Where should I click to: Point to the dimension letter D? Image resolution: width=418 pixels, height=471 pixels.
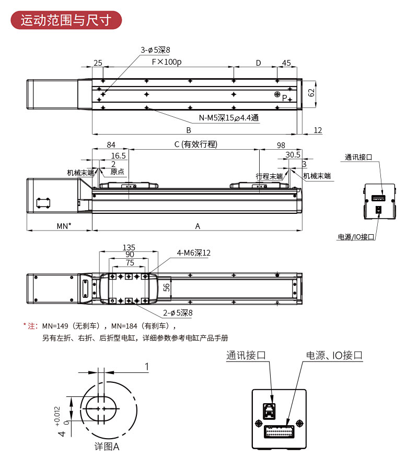tap(258, 63)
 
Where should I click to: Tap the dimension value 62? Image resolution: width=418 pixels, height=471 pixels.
tap(311, 93)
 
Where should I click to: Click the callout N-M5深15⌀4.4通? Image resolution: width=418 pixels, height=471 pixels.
tap(228, 118)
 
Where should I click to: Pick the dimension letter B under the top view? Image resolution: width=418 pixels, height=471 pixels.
tap(189, 130)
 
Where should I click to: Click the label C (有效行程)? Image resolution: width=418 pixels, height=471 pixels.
tap(195, 144)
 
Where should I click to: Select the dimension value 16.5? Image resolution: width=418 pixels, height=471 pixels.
tap(119, 155)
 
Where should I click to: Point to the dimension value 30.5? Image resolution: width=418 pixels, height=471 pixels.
tap(293, 155)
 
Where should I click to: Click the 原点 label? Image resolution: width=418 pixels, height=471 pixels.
tap(118, 172)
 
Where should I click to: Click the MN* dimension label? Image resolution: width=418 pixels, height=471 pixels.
tap(64, 226)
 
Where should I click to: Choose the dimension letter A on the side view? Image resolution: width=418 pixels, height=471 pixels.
tap(198, 226)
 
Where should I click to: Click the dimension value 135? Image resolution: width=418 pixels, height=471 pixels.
tap(129, 247)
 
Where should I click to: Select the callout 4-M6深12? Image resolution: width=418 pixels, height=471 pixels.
tap(193, 253)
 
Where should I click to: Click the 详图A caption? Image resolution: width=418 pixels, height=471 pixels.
tap(107, 446)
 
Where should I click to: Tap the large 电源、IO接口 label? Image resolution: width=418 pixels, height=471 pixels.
tap(334, 356)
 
